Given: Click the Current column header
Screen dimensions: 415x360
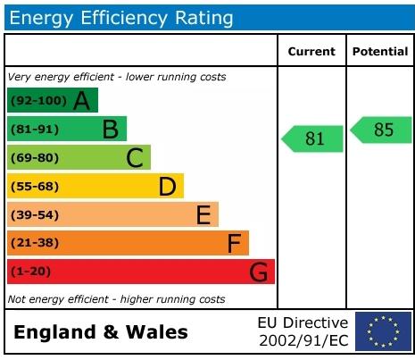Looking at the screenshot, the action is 311,52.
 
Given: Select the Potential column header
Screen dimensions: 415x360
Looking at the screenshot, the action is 380,52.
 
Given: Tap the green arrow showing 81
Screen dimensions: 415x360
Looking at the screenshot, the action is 312,138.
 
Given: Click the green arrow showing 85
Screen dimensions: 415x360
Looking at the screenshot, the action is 381,130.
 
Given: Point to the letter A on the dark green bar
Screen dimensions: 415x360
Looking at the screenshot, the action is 81,101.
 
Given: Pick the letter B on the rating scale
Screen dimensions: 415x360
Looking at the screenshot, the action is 111,130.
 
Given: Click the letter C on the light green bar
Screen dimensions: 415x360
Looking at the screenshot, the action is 135,158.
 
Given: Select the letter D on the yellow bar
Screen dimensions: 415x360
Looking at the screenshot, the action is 168,187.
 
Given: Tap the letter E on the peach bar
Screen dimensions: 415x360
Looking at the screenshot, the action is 203,214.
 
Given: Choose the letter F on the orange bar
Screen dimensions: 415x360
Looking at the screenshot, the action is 234,243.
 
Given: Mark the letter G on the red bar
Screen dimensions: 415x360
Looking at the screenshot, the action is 258,272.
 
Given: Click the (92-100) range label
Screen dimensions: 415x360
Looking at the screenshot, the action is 38,101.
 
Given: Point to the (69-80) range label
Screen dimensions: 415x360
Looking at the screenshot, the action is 35,158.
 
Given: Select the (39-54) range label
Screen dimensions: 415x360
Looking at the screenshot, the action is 35,215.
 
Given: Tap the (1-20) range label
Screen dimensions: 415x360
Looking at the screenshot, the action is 30,272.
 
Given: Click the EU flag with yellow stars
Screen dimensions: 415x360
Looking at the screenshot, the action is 383,331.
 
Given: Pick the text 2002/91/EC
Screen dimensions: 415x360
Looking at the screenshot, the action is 303,340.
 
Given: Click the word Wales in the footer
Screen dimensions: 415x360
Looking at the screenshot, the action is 157,332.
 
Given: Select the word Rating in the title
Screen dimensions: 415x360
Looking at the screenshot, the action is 204,18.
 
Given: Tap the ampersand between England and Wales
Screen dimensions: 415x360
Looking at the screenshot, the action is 111,332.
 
